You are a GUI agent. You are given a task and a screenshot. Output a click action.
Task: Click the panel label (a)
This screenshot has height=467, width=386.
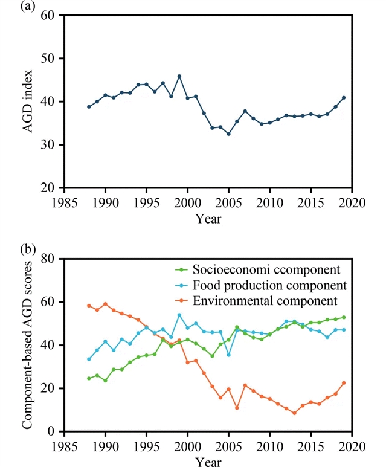(x=11, y=7)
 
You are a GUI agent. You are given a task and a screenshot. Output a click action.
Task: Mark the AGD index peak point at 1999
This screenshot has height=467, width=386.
(x=179, y=76)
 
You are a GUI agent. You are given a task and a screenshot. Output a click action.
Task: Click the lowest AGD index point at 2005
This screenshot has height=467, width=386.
(x=228, y=134)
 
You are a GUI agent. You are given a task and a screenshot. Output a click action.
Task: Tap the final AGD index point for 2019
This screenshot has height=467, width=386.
(x=344, y=97)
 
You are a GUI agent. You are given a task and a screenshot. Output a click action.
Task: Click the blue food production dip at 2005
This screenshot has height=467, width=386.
(x=228, y=355)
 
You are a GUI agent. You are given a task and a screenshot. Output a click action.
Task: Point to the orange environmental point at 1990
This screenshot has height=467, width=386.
(x=105, y=304)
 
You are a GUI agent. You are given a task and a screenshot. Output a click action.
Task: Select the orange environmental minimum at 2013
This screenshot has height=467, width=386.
(x=294, y=413)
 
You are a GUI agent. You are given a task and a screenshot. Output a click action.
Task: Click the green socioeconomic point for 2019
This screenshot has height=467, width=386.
(x=344, y=317)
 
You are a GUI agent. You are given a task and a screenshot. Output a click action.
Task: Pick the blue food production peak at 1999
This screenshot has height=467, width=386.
(x=179, y=315)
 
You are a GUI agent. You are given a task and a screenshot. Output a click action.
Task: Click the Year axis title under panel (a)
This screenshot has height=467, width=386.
(x=208, y=218)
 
